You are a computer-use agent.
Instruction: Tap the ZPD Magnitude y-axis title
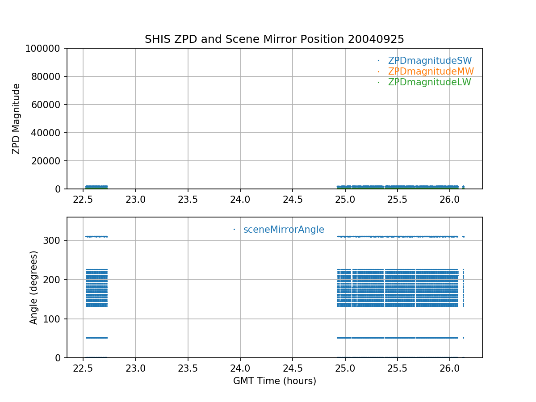tap(17, 119)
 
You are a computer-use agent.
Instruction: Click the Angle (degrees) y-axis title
tap(34, 287)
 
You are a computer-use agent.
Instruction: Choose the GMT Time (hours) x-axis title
tap(275, 381)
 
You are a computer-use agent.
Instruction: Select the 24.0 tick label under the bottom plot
tap(240, 368)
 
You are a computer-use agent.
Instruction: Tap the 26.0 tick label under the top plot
tap(450, 200)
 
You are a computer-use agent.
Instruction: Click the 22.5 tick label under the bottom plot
tap(83, 368)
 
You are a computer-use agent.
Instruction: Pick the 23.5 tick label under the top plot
tap(188, 200)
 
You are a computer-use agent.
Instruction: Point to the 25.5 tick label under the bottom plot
tap(398, 368)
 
